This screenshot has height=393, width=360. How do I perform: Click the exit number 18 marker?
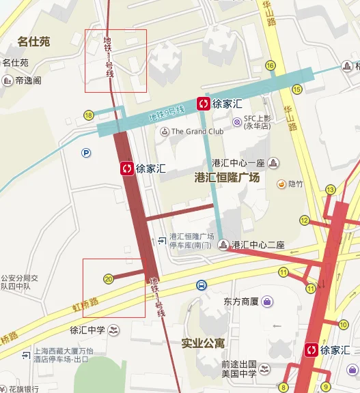point(89,115)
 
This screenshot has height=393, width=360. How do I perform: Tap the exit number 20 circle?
point(109,278)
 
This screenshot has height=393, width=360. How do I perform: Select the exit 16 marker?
point(271,65)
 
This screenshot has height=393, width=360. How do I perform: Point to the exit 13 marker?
point(331,190)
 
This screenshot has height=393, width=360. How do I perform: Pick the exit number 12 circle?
point(304,220)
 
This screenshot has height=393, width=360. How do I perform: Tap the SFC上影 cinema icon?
point(236,121)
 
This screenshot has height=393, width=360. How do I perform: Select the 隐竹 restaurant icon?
point(281,184)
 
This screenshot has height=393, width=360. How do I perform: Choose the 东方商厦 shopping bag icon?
point(266,301)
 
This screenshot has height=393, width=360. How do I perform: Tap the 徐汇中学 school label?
point(86,331)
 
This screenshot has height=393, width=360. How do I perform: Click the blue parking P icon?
point(85,154)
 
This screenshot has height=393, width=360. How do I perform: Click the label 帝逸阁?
point(28,81)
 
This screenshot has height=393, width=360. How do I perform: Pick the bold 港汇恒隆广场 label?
point(227,178)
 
